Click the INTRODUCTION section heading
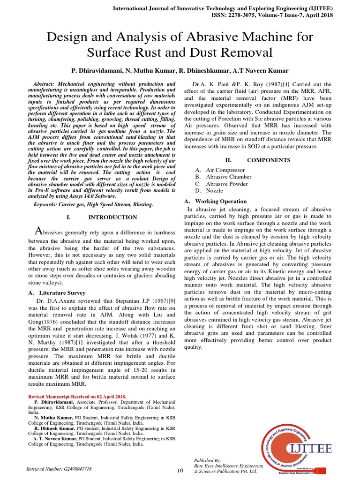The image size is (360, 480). (112, 217)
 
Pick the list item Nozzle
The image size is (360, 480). (215, 191)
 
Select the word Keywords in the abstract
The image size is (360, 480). (48, 205)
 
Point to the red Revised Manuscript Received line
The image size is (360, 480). (77, 396)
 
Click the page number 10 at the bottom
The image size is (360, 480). (180, 471)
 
